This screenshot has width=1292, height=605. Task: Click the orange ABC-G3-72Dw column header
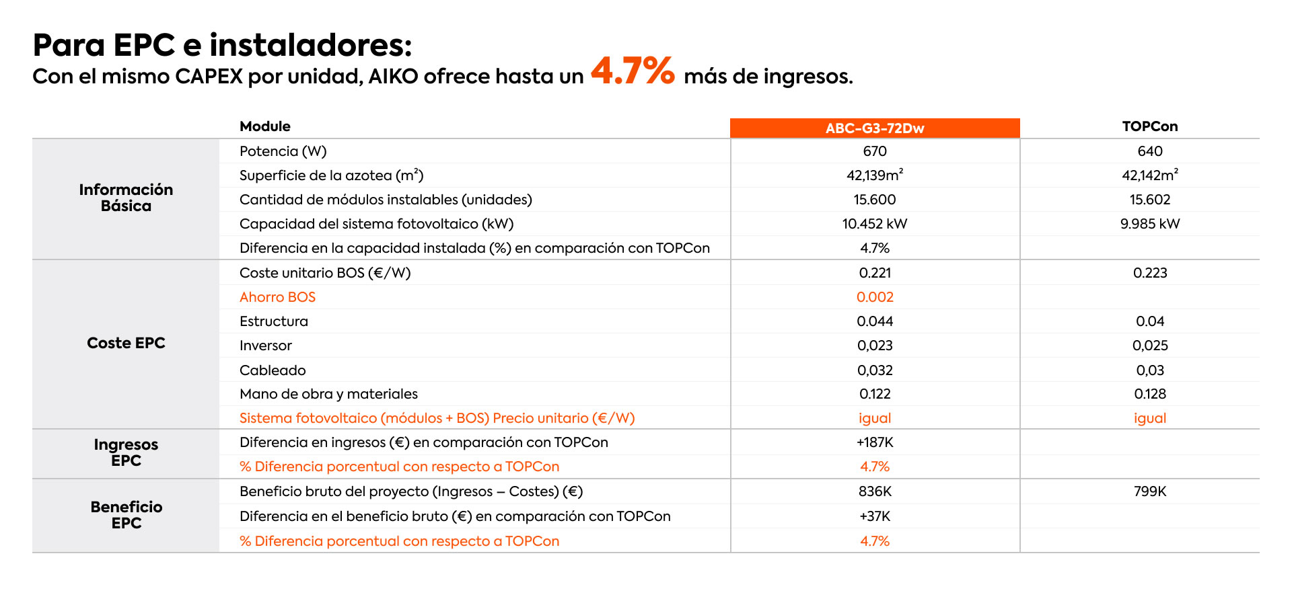point(875,128)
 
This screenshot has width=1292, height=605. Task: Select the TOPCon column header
point(1149,126)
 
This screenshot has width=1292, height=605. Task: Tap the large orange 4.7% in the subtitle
point(633,71)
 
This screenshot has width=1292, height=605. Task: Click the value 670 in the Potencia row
point(875,151)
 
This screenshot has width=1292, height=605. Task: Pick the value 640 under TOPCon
point(1149,151)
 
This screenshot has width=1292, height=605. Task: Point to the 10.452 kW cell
point(875,224)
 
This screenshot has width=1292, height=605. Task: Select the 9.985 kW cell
point(1149,224)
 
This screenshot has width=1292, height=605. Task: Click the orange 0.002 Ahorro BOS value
point(875,297)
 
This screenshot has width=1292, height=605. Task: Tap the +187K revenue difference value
point(875,442)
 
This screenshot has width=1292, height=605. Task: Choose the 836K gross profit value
point(875,491)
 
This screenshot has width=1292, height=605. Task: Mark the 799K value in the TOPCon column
point(1149,491)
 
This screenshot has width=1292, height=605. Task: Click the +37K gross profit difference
point(875,516)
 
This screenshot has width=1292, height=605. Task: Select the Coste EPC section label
point(126,343)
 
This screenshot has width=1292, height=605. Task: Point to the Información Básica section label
point(126,198)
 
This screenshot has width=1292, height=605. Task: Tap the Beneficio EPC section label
point(126,515)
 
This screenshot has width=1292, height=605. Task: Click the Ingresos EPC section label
point(126,452)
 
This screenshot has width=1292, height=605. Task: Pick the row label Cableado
point(273,370)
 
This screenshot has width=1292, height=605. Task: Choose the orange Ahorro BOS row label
point(277,297)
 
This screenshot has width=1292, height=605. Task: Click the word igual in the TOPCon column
point(1149,418)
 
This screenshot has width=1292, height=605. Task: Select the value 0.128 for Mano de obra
point(1149,394)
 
